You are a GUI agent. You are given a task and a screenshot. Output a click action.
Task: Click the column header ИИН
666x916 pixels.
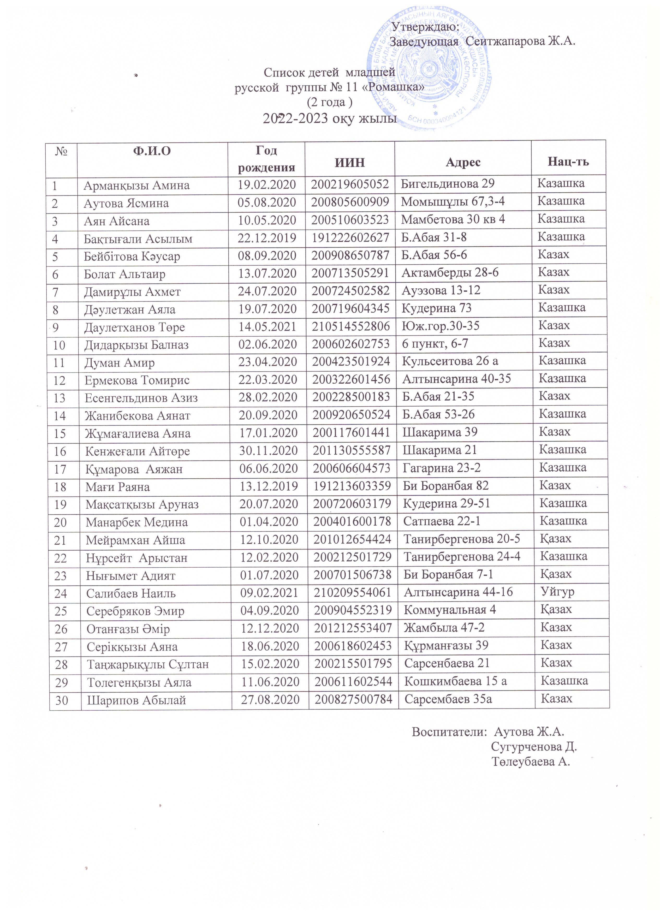tap(350, 162)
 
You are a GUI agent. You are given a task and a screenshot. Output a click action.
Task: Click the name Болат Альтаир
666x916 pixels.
tap(124, 274)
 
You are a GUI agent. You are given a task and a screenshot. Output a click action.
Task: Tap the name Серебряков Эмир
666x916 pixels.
tap(135, 611)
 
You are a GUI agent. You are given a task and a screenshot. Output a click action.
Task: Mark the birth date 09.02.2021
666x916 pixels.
tap(269, 593)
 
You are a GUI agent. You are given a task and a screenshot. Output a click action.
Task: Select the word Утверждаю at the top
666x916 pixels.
tap(426, 27)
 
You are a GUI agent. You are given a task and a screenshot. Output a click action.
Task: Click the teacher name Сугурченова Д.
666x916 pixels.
tap(533, 746)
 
